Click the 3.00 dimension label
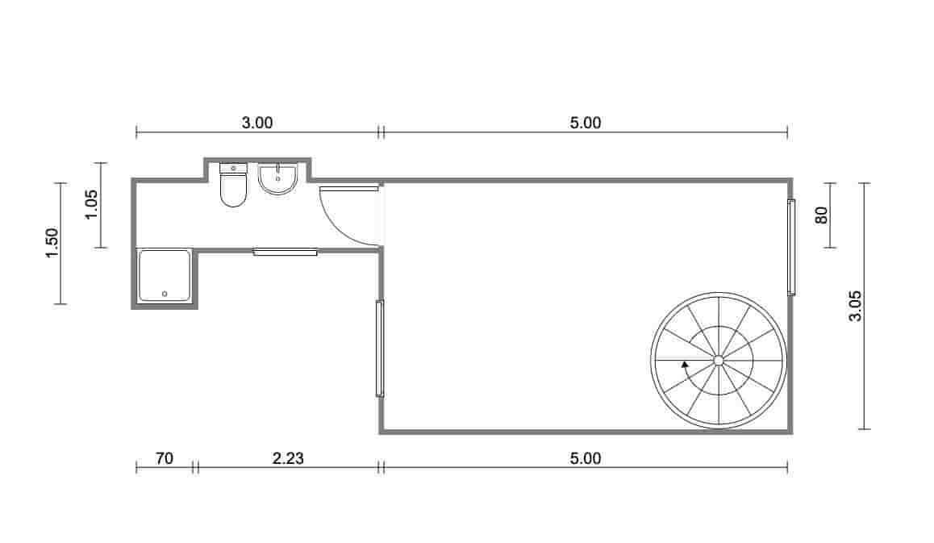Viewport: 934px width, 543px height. pos(257,123)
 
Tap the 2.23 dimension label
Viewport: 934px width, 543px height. pos(288,458)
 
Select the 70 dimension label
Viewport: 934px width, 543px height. pos(165,458)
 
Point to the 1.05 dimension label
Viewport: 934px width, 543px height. pos(91,204)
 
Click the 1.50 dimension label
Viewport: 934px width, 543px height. pos(52,243)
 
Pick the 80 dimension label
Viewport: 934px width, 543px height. pos(821,215)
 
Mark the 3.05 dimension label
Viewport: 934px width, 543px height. pos(856,306)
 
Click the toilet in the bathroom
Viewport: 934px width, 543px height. pos(233,185)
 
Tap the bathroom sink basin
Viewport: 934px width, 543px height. pos(277,179)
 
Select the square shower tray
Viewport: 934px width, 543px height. pos(165,275)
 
